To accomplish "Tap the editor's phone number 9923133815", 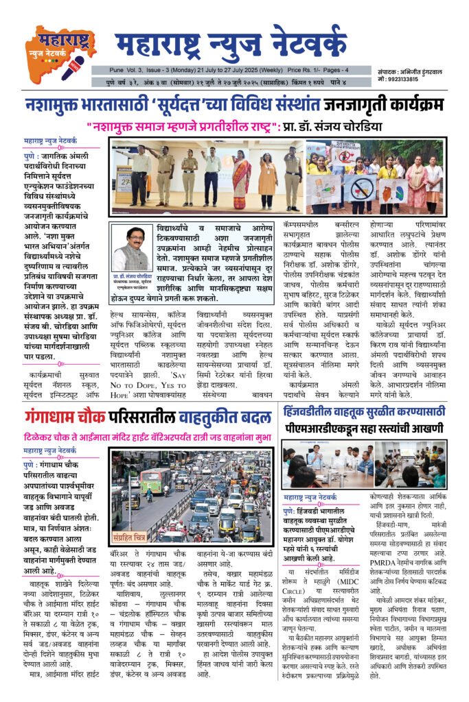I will [x=400, y=79].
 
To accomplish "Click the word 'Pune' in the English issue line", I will [x=119, y=70].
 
